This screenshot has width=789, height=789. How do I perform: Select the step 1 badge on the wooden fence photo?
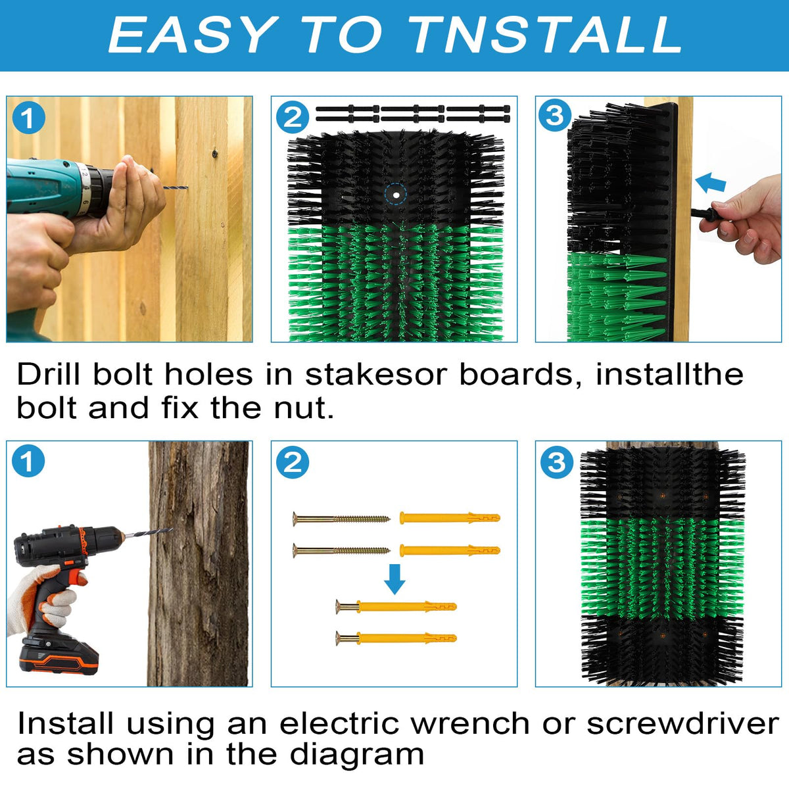(x=28, y=119)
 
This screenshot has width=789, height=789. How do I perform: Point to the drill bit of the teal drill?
(x=176, y=187)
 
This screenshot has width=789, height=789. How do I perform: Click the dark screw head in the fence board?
(x=214, y=154)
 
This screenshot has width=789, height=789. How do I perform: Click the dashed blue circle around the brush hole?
(x=396, y=195)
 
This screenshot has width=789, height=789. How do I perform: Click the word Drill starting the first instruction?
(x=49, y=374)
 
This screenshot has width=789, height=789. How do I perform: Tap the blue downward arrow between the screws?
(x=394, y=579)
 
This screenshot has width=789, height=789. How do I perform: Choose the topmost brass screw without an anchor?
(x=341, y=519)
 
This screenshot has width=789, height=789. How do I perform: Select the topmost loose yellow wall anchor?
(x=450, y=518)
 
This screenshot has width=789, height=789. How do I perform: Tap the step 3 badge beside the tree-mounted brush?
(x=556, y=462)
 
